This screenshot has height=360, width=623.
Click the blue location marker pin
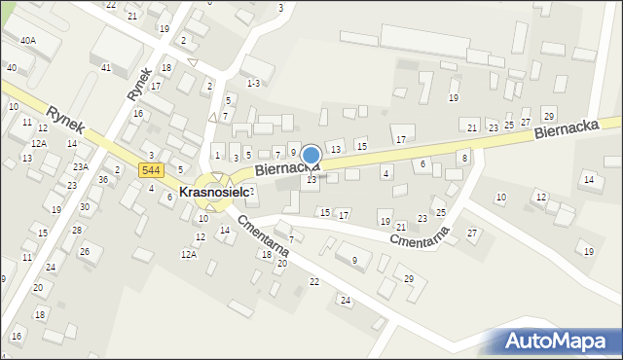click(x=311, y=157)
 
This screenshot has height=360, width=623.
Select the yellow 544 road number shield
click(x=150, y=170)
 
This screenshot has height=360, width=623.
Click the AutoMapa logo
click(x=556, y=342)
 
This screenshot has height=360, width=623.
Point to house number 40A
click(x=28, y=40)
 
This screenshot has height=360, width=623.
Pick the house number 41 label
click(x=106, y=68)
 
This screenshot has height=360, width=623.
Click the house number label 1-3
click(x=253, y=84)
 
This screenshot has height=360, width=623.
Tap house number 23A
click(x=80, y=167)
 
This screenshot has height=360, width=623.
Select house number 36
click(x=103, y=180)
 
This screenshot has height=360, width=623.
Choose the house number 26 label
click(x=85, y=251)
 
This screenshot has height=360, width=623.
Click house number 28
click(x=77, y=230)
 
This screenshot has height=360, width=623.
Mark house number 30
click(x=85, y=206)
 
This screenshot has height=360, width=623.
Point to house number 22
click(x=313, y=281)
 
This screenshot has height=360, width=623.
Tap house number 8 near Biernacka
click(x=464, y=158)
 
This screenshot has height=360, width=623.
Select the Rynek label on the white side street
click(x=139, y=83)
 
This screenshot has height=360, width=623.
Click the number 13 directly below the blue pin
click(x=311, y=180)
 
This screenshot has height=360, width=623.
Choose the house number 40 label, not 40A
click(x=11, y=68)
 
